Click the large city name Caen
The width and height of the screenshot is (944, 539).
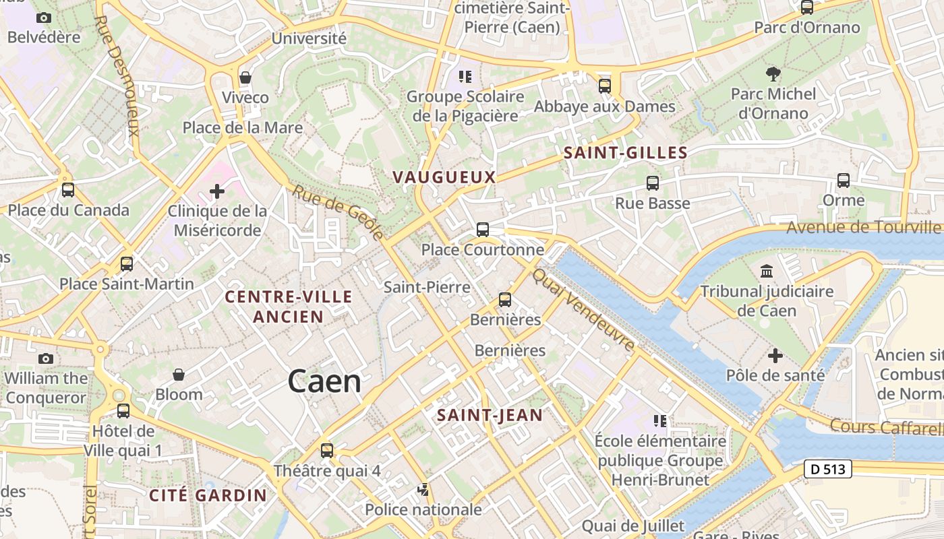324,381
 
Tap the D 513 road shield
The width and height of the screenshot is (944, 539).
827,469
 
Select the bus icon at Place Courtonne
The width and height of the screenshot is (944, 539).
483,230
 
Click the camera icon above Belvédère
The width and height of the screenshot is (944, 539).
44,18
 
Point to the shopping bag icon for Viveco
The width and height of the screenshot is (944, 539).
245,77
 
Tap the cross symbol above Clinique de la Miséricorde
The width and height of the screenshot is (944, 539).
217,191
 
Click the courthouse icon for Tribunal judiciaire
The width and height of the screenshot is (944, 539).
767,272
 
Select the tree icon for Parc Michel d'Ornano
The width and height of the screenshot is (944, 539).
773,74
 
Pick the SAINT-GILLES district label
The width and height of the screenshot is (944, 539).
625,153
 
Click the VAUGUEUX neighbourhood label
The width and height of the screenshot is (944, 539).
444,177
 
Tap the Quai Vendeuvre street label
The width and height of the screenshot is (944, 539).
583,309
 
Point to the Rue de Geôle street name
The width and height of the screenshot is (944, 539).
338,212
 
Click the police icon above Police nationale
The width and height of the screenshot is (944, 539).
423,490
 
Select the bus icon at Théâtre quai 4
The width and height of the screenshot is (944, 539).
327,450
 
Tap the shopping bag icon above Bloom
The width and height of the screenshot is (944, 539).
179,375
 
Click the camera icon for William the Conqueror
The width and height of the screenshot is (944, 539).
46,358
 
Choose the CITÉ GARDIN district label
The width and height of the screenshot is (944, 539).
208,495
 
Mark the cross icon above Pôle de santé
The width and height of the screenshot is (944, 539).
775,355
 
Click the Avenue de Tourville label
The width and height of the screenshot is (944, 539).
864,227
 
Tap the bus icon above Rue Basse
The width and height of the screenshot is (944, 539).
652,183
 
